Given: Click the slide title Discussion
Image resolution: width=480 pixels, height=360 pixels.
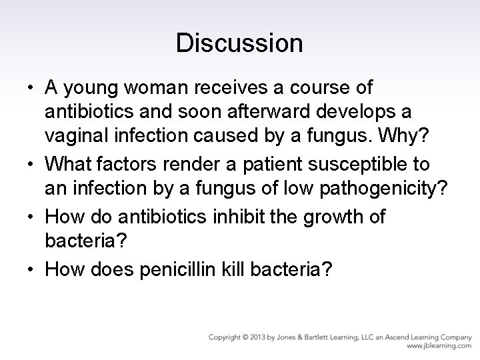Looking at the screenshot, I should click(x=239, y=43).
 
